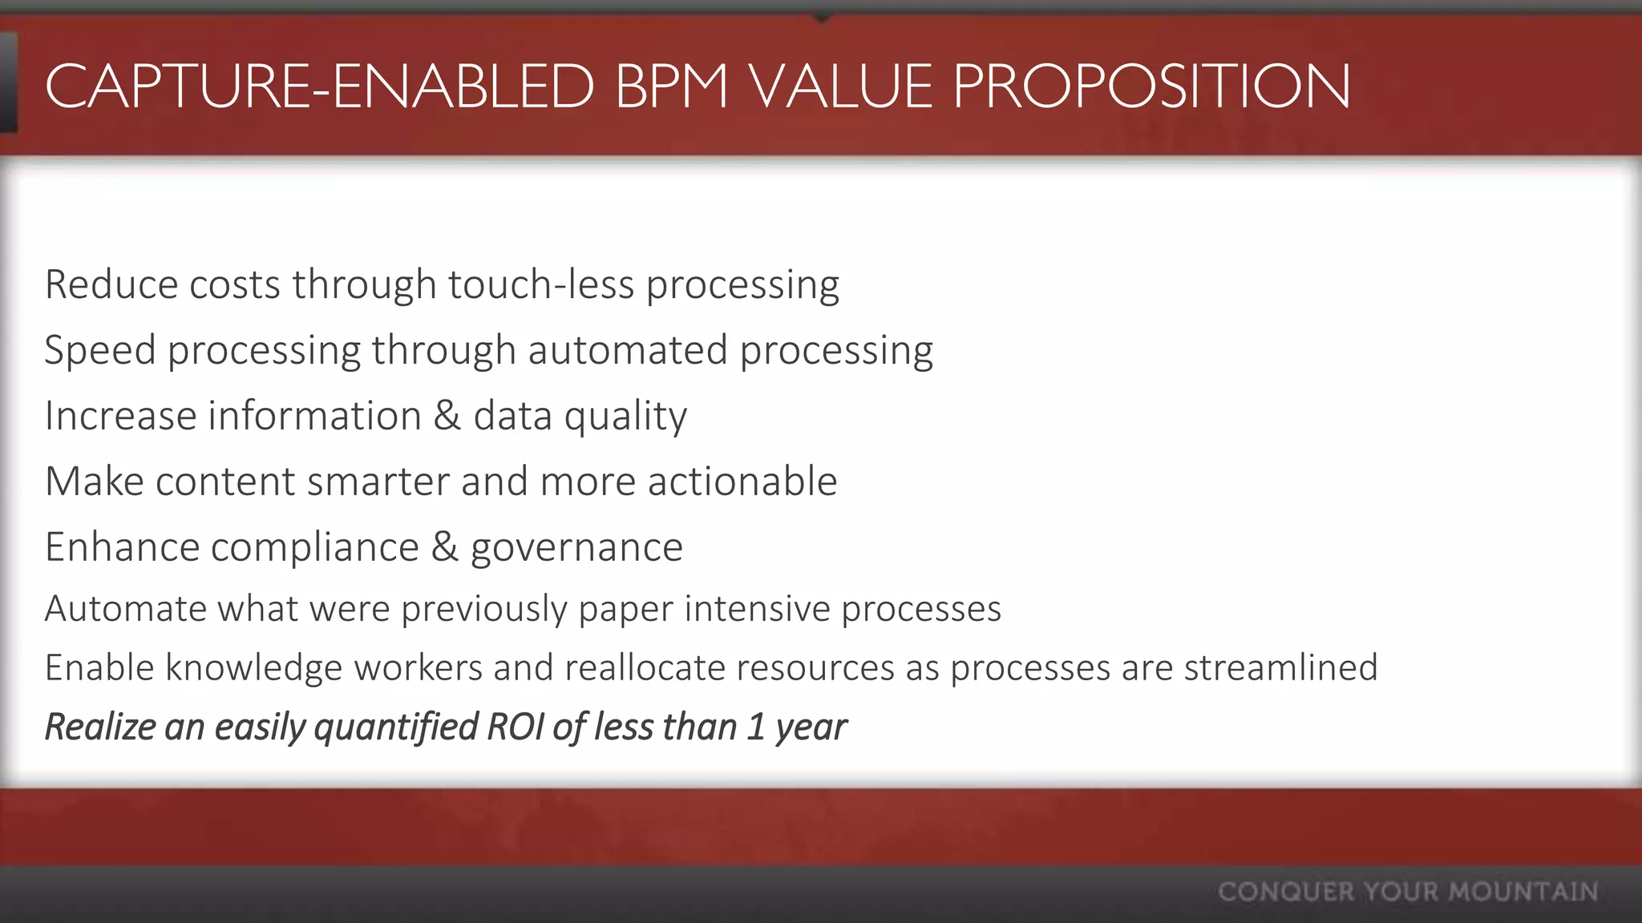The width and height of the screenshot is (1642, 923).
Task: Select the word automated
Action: coord(627,350)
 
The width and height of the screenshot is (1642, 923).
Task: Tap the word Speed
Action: coord(99,350)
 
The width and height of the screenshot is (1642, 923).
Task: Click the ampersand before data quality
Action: coord(447,416)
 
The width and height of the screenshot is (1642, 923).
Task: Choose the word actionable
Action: coord(742,482)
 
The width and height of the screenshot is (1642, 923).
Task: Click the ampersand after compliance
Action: coord(444,547)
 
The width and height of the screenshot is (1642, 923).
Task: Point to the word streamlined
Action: coord(1280,667)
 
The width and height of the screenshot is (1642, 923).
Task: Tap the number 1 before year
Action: coord(755,727)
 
